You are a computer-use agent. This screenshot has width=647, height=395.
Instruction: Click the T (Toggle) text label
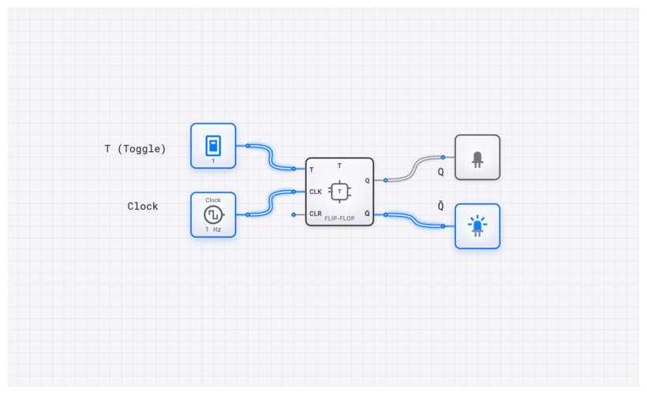point(135,149)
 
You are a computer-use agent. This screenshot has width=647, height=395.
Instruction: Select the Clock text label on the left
point(143,207)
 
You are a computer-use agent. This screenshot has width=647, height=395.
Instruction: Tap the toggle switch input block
point(213,146)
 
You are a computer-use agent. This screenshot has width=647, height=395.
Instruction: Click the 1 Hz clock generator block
point(213,214)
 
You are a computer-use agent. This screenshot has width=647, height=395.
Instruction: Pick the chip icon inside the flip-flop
point(339,192)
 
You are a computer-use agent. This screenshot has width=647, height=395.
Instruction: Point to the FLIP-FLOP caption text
point(339,218)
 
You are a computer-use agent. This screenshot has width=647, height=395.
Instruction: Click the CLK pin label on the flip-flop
point(316,192)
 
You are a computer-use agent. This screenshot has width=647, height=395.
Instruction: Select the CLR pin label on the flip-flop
point(316,214)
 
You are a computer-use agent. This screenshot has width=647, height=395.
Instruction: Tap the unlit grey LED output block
point(477,157)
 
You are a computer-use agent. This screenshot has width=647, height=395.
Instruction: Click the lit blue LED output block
point(477,226)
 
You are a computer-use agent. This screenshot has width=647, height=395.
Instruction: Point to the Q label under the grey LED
point(441,172)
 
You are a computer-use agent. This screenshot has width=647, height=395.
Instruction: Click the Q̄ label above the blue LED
point(441,207)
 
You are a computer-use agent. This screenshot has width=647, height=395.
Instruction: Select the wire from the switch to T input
point(271,158)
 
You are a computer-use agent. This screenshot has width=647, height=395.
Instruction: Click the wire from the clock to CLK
point(271,203)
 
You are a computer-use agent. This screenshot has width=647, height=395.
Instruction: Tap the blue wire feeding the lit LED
point(414,220)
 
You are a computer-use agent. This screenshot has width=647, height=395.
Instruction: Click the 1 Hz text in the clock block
point(213,229)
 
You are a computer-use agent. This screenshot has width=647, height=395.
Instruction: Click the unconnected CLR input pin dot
point(294,214)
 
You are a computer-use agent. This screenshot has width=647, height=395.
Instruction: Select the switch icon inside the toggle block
point(212,145)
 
